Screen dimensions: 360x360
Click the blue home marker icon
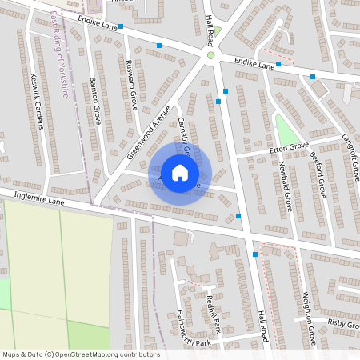coord(180,172)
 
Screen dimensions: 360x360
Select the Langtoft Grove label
coord(350,135)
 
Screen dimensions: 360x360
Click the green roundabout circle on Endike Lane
coord(211,55)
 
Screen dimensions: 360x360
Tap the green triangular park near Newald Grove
coord(284,128)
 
